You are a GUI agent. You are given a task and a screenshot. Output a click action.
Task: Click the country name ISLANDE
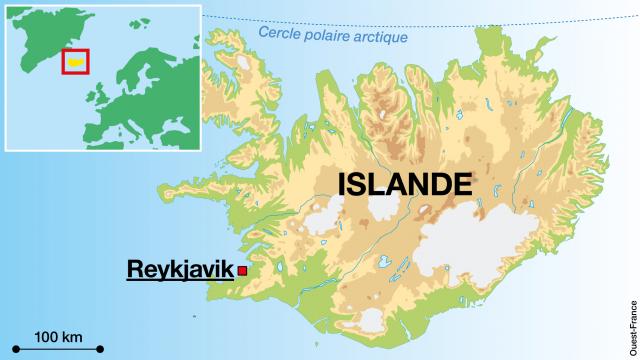pyautogui.click(x=404, y=185)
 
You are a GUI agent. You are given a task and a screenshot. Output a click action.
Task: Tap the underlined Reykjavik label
pyautogui.click(x=177, y=269)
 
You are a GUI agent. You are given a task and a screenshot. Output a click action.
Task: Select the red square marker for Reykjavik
pyautogui.click(x=242, y=269)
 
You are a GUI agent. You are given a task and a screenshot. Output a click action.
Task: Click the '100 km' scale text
pyautogui.click(x=58, y=334)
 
